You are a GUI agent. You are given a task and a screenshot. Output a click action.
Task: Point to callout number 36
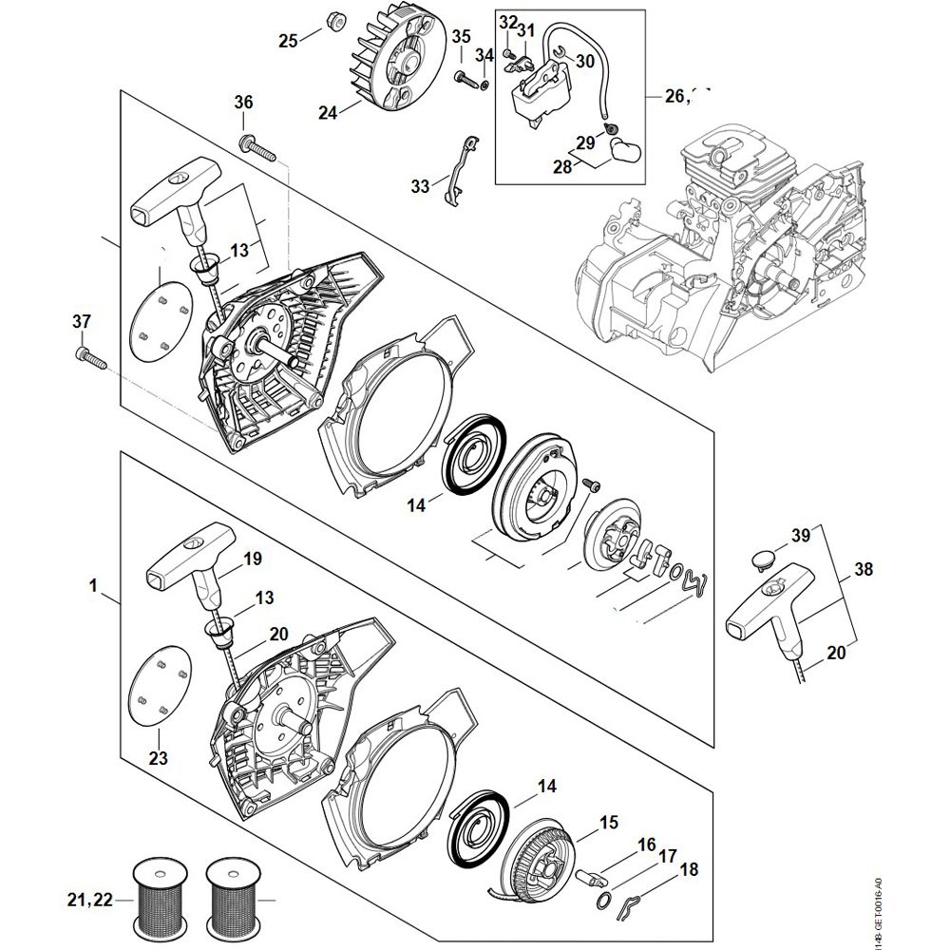pos(243,102)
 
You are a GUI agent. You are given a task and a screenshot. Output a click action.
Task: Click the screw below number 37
pos(88,358)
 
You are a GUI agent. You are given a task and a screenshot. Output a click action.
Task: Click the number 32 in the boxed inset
pos(508,22)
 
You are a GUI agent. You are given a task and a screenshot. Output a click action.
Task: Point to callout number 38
pos(864,571)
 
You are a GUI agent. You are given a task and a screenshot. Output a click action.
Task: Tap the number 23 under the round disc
pos(158,758)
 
